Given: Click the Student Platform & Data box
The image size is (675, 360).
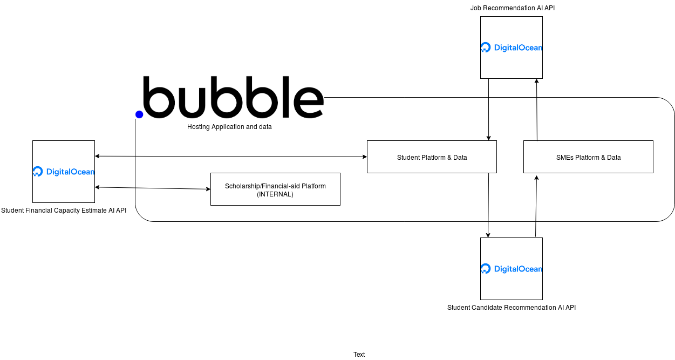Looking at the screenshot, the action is [432, 157].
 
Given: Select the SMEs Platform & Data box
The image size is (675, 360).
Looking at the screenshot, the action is [588, 157].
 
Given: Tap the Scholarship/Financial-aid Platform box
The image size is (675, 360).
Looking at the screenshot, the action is [275, 189].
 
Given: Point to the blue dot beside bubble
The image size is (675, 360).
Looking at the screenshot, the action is [139, 114].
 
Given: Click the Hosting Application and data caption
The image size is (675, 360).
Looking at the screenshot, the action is [229, 127].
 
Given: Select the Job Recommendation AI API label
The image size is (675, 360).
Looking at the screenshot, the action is [512, 8].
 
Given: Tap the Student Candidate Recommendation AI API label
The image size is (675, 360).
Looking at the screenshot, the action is [512, 308].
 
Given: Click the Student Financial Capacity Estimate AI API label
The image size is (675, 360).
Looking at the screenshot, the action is [64, 210].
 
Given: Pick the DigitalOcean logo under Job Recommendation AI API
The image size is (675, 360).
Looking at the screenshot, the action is [512, 47].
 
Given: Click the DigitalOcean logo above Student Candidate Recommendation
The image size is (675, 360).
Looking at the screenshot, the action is [512, 269].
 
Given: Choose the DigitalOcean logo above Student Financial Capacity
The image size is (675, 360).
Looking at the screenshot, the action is [64, 172].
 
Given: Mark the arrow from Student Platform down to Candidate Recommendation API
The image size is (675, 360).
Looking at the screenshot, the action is [488, 205].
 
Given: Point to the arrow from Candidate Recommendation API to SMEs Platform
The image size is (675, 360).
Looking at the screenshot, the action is [536, 206].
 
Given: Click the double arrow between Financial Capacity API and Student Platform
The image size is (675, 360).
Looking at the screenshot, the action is [231, 157].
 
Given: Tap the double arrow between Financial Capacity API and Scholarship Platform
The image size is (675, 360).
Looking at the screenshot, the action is [153, 188].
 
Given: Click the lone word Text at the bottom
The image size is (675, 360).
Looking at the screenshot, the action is [359, 355].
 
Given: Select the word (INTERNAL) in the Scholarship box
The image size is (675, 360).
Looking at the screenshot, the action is [275, 194].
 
